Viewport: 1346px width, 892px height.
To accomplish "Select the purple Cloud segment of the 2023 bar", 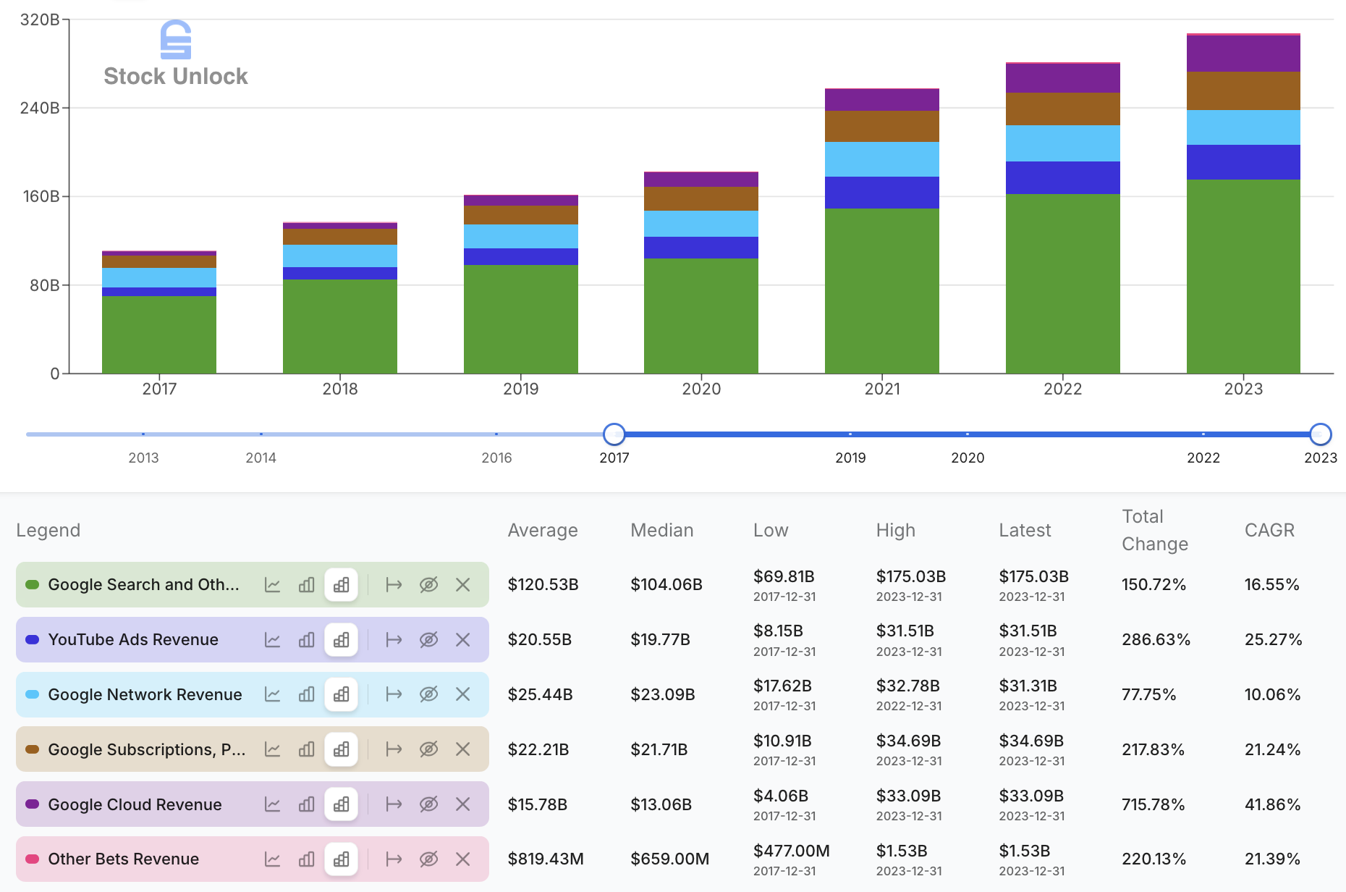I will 1243,54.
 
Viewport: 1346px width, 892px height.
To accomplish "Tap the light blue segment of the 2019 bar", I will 520,236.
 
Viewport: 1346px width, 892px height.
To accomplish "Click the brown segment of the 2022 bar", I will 1062,109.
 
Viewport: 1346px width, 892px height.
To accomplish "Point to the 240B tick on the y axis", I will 40,108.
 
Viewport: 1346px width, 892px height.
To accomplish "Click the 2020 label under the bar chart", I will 701,389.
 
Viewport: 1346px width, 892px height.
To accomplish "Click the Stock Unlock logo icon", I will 176,39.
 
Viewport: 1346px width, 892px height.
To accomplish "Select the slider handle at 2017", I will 614,434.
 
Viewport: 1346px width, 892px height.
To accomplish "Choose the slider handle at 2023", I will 1320,434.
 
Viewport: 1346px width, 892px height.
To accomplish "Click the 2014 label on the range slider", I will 261,458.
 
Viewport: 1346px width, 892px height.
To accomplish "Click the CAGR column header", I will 1269,530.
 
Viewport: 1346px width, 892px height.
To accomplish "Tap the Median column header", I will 661,530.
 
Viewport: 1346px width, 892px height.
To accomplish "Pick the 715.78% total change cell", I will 1153,804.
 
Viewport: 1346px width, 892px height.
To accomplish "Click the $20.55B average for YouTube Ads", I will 539,639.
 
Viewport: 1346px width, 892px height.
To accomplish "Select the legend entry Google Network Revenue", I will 145,694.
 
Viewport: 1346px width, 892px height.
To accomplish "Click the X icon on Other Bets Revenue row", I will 463,859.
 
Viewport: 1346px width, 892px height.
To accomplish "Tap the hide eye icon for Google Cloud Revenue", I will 428,804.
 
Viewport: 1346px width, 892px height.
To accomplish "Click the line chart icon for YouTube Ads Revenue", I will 272,639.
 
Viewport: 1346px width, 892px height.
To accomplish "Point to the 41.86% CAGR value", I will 1272,804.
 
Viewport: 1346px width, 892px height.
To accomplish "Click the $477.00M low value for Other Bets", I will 791,851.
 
